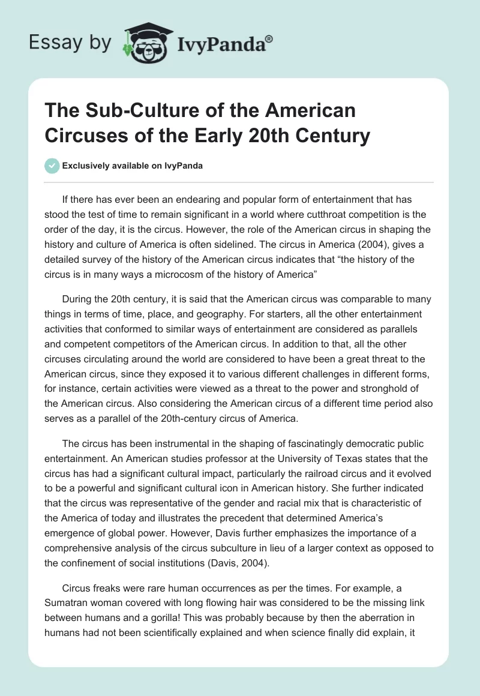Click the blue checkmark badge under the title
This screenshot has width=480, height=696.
pos(52,166)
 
